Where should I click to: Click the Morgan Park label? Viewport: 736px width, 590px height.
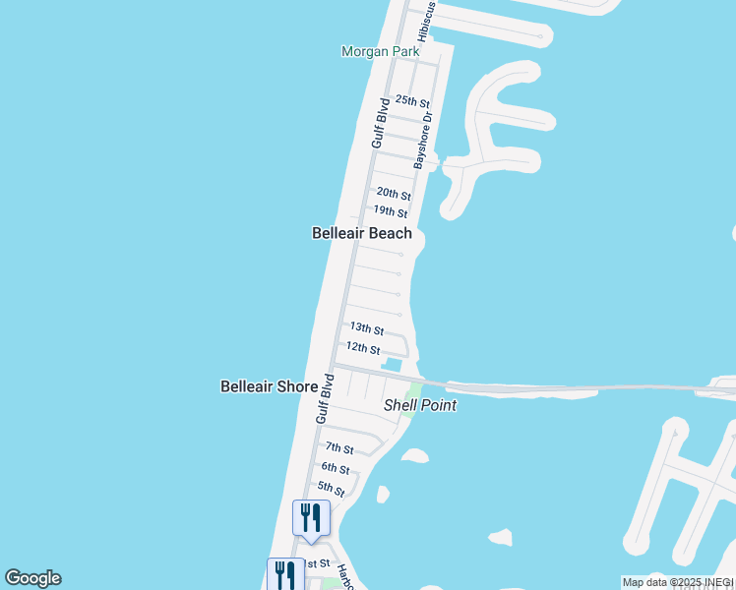click(380, 51)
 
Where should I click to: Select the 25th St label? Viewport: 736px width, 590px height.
click(412, 101)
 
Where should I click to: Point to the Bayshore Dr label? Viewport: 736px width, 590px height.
click(425, 139)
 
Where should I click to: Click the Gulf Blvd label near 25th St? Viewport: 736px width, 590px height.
click(379, 123)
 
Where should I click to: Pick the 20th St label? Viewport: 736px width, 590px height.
click(393, 194)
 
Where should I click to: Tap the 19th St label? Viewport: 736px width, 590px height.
click(390, 211)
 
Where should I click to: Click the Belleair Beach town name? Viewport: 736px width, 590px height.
click(362, 233)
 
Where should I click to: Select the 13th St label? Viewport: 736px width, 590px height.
click(366, 329)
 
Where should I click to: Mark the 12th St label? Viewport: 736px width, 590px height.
click(362, 348)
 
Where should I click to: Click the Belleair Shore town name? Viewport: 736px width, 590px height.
click(269, 386)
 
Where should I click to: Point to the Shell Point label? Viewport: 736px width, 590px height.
click(420, 404)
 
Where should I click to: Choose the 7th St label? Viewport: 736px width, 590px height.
click(339, 448)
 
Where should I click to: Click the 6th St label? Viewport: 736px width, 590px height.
click(335, 468)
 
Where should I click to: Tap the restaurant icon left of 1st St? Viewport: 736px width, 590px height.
click(285, 573)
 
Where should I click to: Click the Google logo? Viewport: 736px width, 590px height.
click(32, 578)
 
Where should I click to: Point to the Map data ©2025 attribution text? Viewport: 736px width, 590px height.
click(677, 582)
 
